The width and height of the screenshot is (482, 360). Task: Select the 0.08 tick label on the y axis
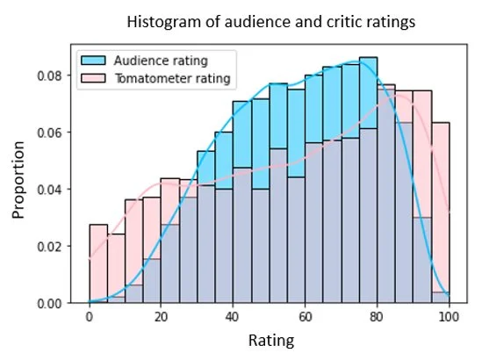[x=59, y=76]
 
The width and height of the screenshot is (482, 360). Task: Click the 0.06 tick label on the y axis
[x=59, y=133]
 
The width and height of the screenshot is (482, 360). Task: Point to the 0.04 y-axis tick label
[x=59, y=190]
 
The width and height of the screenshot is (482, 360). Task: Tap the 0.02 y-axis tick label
[x=59, y=247]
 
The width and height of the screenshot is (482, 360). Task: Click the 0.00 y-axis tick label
[x=59, y=304]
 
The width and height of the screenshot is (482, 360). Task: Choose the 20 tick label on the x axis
[x=161, y=318]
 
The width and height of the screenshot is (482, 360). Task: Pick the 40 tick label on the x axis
[x=233, y=318]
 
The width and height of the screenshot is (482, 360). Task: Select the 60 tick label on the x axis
[x=305, y=318]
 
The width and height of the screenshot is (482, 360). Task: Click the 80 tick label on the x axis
[x=377, y=318]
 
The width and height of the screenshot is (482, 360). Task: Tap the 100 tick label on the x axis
[x=449, y=318]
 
